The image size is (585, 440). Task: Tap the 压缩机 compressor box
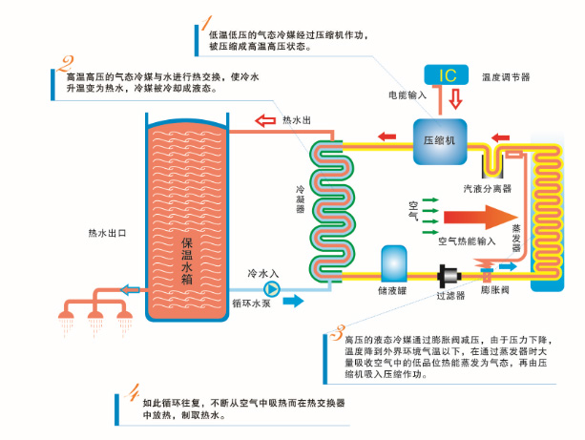[x=439, y=139]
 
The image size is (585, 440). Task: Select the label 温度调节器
[x=506, y=76]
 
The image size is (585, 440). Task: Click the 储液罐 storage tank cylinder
[x=393, y=266]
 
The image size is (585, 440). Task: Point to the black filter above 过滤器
[x=447, y=278]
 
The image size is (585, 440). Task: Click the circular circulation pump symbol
[x=272, y=286]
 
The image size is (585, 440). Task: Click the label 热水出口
[x=107, y=232]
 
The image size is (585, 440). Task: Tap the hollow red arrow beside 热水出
[x=264, y=121]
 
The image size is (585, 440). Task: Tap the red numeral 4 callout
[x=136, y=391]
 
